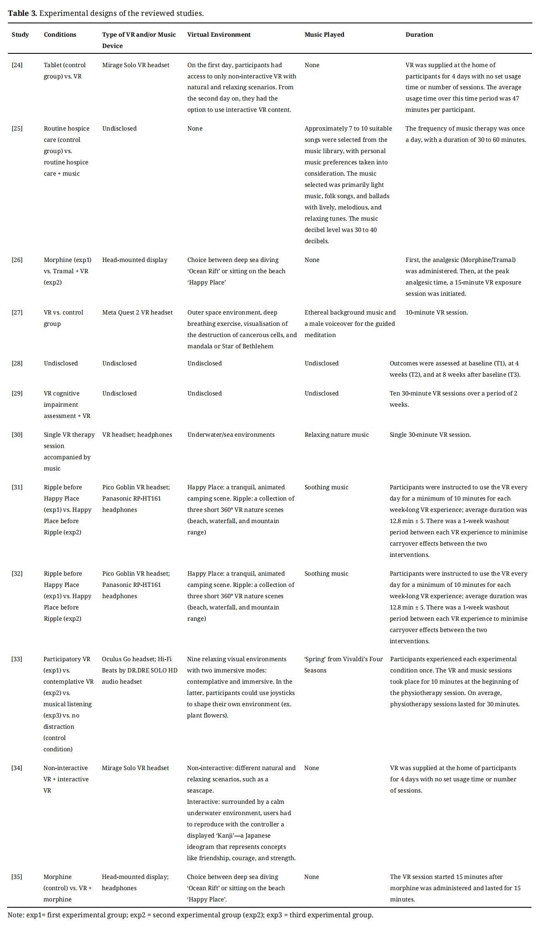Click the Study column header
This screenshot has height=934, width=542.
coord(20,35)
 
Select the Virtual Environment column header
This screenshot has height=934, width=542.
coord(219,35)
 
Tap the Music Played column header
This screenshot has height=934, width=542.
coord(324,35)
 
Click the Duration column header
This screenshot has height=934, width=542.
coord(419,35)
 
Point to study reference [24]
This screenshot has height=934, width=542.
coord(17,65)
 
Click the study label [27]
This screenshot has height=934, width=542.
coord(17,312)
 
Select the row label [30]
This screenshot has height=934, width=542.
coord(17,435)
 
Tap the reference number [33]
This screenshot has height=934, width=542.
coord(17,659)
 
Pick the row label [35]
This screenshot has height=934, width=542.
coord(17,877)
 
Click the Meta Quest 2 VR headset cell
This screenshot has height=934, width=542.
coord(137,312)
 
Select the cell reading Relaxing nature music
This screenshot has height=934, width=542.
coord(336,435)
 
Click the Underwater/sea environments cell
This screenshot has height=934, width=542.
coord(231,435)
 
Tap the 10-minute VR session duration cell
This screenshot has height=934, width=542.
coord(436,312)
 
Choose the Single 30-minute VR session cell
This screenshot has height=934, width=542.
coord(430,435)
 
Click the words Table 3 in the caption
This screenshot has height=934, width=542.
coord(23,13)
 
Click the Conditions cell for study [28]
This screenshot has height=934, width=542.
coord(61,363)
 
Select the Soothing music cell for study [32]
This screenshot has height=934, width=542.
coord(326,574)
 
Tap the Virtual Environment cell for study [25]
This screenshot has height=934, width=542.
coord(195,128)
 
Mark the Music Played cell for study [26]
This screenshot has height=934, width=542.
coord(312,260)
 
